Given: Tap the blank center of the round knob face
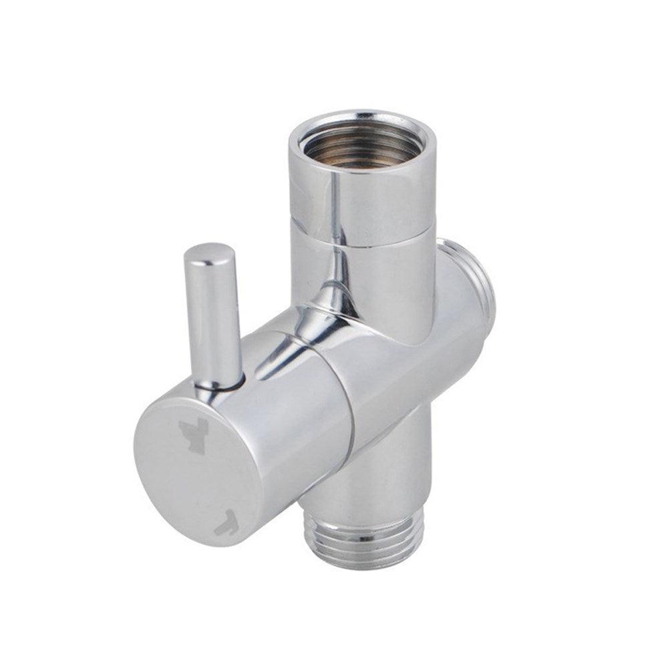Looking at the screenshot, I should (200, 478).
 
